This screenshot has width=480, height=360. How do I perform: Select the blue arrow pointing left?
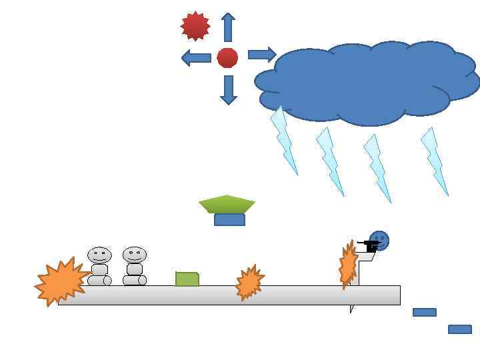[x=196, y=58]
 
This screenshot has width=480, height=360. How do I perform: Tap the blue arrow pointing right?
[x=261, y=55]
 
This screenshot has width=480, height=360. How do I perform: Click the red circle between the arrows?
[x=227, y=58]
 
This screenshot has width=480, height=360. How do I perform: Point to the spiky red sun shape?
[x=195, y=26]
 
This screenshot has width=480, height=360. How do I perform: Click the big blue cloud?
[x=367, y=83]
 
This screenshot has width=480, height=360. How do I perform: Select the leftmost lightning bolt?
[x=283, y=140]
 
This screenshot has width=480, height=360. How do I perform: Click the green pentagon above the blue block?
[x=227, y=203]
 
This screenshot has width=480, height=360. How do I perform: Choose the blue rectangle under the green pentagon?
[x=229, y=220]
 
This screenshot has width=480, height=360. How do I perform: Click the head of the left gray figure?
[x=99, y=255]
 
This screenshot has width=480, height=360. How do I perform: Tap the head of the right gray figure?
[x=135, y=255]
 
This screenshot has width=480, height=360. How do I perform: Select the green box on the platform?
[x=187, y=279]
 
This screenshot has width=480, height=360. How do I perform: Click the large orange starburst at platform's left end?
[x=61, y=281]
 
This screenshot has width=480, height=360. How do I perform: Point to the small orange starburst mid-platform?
[x=249, y=282]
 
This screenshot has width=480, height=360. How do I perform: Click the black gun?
[x=369, y=245]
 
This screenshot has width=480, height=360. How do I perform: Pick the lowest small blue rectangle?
[x=459, y=329]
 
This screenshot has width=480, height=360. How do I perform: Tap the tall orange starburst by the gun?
[x=348, y=265]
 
